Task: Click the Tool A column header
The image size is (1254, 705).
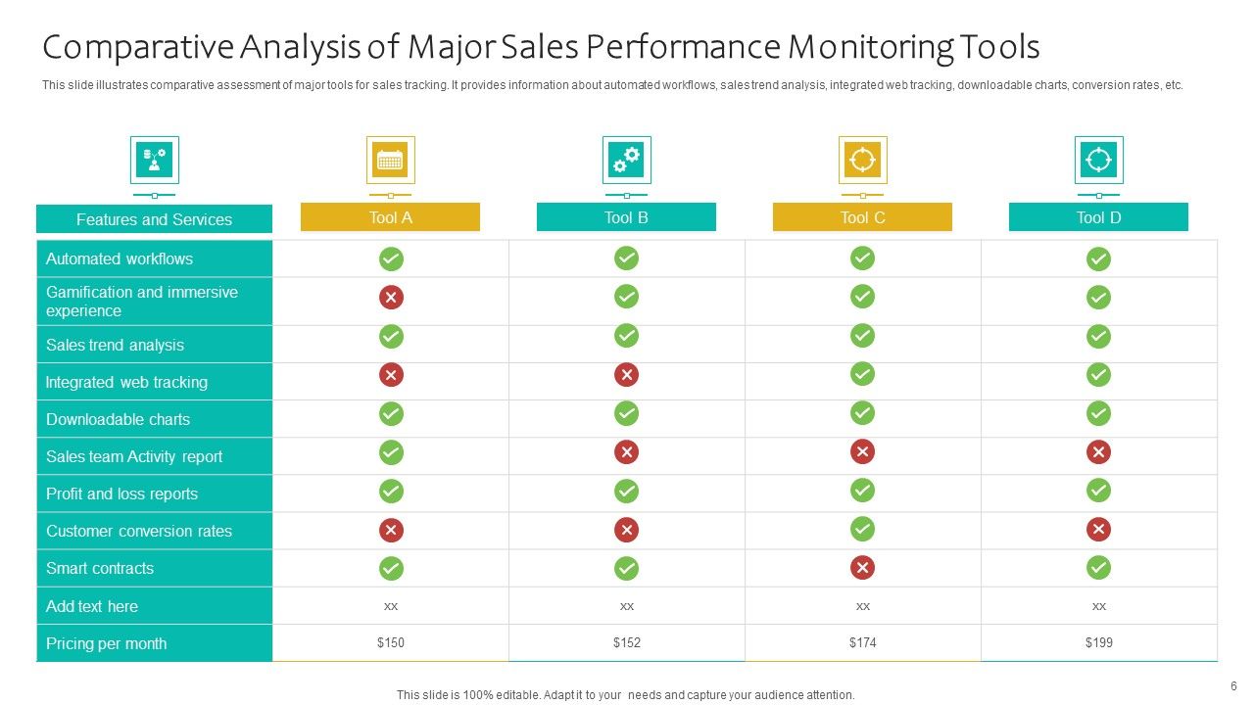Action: point(390,217)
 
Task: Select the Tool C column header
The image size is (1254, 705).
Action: point(862,217)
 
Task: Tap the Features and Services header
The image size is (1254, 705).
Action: point(154,219)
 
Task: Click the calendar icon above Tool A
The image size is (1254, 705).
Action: point(390,160)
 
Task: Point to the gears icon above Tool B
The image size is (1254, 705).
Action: point(626,160)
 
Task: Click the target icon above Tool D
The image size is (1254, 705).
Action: point(1098,160)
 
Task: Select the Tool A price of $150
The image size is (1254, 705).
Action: point(390,643)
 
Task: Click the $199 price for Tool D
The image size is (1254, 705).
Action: point(1098,643)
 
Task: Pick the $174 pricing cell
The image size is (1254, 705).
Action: point(862,643)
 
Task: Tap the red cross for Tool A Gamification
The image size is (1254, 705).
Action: point(391,298)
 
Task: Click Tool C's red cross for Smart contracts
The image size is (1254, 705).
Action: point(862,568)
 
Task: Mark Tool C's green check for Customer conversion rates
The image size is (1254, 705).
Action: point(862,530)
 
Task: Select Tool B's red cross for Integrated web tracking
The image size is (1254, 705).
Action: point(626,374)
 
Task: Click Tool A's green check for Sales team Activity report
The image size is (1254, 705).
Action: point(391,451)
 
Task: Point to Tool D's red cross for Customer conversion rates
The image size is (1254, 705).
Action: point(1098,530)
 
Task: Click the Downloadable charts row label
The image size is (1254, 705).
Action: point(118,419)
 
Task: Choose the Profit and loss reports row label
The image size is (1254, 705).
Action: point(121,493)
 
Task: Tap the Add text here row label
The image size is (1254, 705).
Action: point(92,606)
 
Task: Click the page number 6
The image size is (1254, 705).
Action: point(1233,685)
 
